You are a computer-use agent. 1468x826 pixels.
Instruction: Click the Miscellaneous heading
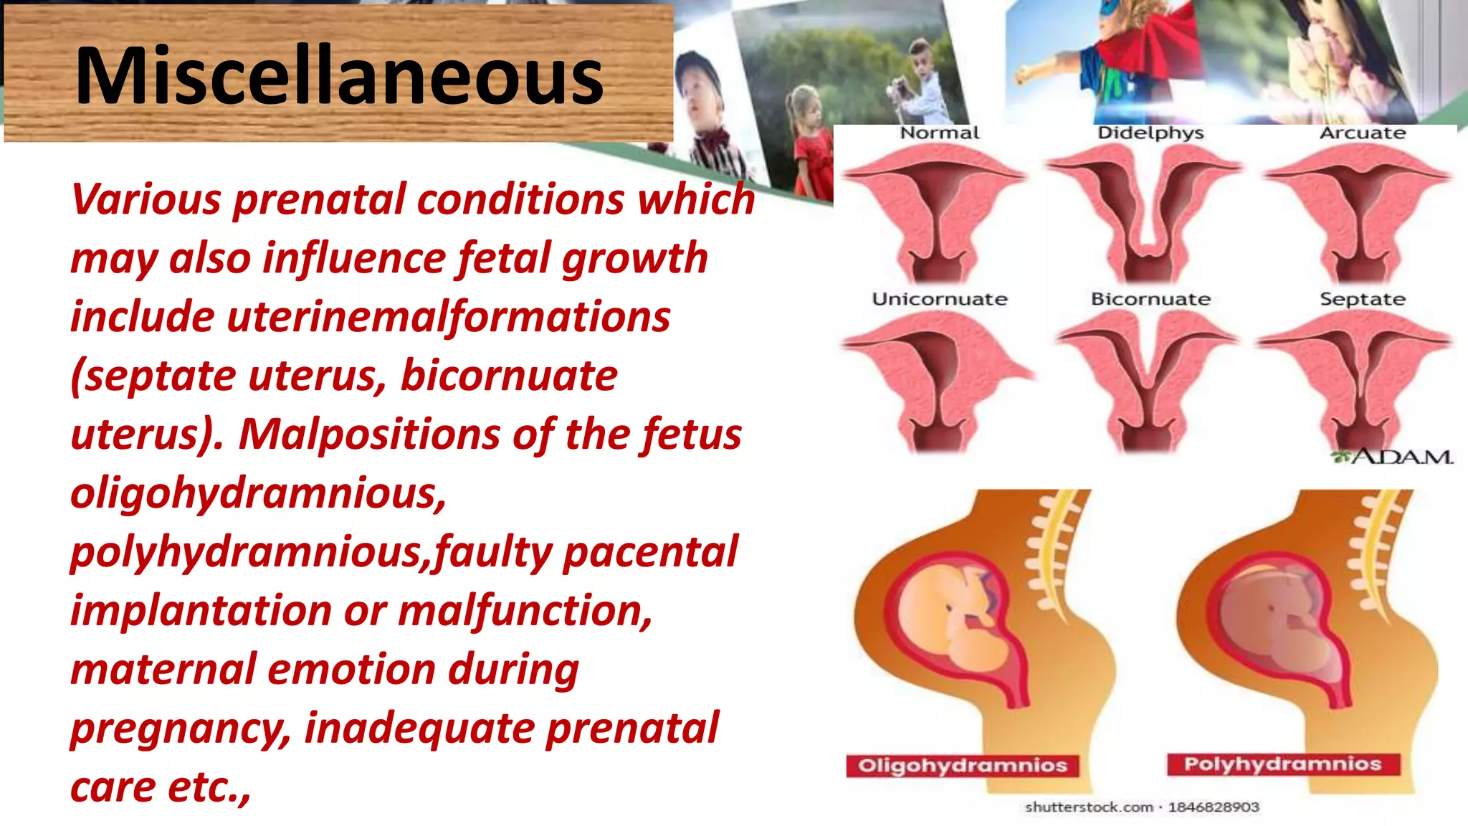pos(339,76)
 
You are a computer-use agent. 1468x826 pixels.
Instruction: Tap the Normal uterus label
pos(939,133)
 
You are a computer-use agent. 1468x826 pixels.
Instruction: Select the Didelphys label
pos(1150,133)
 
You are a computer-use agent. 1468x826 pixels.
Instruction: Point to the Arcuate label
pos(1362,133)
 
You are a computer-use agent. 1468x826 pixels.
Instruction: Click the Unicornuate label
pos(939,299)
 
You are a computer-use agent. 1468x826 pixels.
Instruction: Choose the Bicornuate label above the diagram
pos(1150,299)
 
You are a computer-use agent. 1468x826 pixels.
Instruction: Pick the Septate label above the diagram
pos(1362,299)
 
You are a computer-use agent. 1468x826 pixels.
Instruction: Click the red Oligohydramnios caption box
pos(962,766)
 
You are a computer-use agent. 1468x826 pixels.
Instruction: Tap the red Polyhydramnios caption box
pos(1282,764)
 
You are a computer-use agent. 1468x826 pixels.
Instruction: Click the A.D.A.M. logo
pos(1394,457)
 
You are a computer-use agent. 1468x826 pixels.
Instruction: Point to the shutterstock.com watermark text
pos(1141,807)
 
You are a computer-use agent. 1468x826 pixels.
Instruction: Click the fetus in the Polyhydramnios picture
pos(1283,617)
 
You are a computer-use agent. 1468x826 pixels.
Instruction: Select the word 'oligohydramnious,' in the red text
pos(258,493)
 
